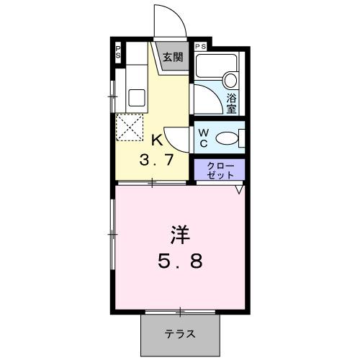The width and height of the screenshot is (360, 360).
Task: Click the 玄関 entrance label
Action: click(x=171, y=58)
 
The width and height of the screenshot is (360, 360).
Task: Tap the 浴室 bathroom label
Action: click(x=232, y=104)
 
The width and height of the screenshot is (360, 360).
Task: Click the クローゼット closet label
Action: click(x=220, y=170)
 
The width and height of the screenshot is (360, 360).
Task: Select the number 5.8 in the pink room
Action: click(x=180, y=261)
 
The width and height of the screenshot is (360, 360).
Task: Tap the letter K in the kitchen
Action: click(x=156, y=140)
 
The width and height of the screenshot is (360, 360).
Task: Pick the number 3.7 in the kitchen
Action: click(x=156, y=161)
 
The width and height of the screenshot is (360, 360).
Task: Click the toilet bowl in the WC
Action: click(x=228, y=138)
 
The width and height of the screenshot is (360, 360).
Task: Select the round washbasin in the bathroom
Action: click(x=231, y=80)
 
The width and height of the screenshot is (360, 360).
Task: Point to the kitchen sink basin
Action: click(x=136, y=96)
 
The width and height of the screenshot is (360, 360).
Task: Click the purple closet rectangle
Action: click(x=220, y=170)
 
